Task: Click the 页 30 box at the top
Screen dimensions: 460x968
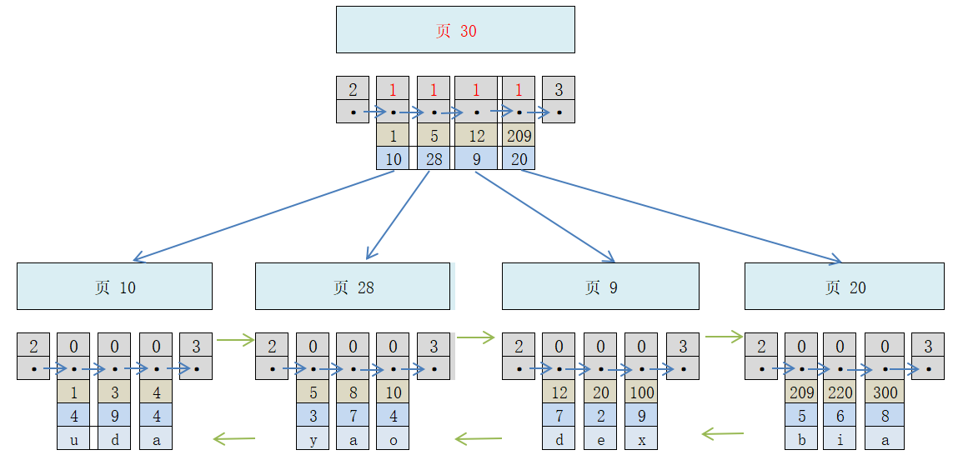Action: tap(455, 30)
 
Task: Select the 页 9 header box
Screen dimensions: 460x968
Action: tap(600, 287)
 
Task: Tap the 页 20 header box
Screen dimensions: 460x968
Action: tap(844, 287)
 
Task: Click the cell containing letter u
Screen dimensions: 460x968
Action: tap(73, 438)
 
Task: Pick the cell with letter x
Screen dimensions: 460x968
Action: tap(641, 438)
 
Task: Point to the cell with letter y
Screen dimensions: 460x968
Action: tap(313, 438)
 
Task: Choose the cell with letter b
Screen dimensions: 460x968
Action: tap(801, 438)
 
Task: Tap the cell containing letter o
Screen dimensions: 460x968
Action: tap(393, 438)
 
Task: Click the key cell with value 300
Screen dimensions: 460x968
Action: tap(885, 391)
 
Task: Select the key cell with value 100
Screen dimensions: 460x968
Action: tap(641, 391)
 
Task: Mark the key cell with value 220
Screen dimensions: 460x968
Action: tap(841, 391)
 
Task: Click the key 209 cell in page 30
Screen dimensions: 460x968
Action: tap(519, 135)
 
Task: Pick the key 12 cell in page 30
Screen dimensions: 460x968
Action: tap(476, 135)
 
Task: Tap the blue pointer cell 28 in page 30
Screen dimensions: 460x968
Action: tap(434, 158)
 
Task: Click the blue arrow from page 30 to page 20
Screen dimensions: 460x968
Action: tap(684, 217)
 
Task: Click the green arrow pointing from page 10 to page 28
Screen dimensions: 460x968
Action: tap(234, 339)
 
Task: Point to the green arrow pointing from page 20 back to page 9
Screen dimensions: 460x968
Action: tap(722, 433)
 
